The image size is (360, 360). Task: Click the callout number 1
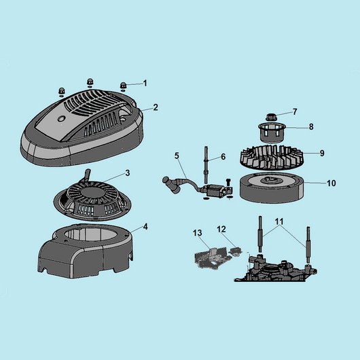(x=145, y=83)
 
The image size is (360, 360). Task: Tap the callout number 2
(x=156, y=107)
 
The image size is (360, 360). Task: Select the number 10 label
(x=331, y=183)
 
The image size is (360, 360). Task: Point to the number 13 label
(x=198, y=233)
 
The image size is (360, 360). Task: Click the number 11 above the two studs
(x=279, y=221)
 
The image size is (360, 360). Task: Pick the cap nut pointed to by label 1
(x=124, y=86)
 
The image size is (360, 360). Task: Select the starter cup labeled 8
(x=272, y=132)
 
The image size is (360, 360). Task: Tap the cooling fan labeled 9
(x=272, y=158)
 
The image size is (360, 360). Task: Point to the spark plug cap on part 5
(x=169, y=182)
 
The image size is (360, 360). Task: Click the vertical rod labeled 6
(x=206, y=164)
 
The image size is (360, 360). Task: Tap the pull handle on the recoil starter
(x=88, y=175)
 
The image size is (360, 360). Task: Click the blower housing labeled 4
(x=86, y=250)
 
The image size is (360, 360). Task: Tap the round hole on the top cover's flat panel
(x=61, y=118)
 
